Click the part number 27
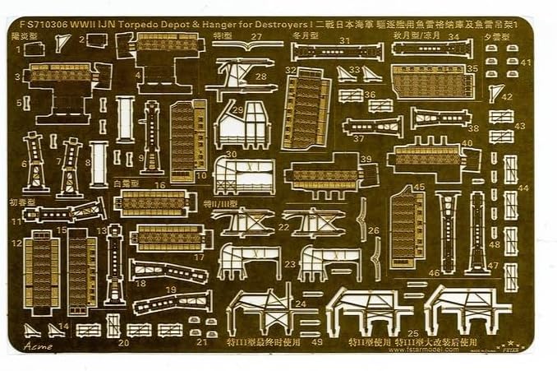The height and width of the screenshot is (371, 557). [257, 37]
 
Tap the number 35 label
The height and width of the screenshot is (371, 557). [472, 69]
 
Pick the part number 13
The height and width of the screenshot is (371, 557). [102, 230]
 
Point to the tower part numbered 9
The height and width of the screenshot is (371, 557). [150, 135]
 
